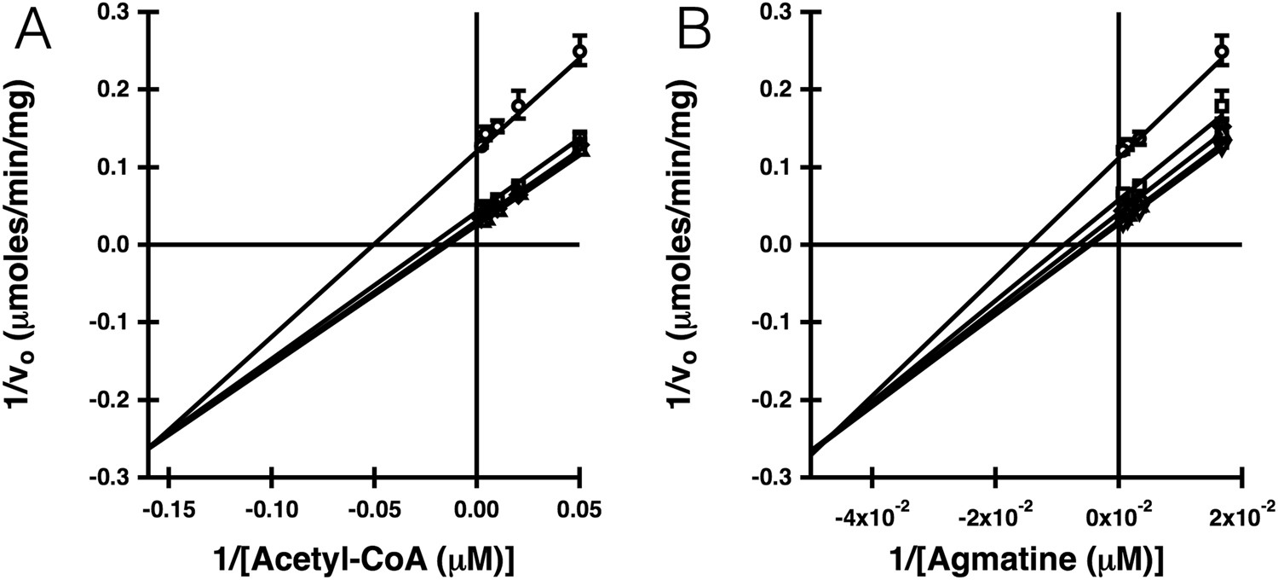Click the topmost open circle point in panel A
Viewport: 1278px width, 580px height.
tap(579, 51)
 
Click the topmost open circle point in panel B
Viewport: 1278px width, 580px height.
tap(1222, 51)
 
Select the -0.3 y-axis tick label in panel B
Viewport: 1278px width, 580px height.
tap(772, 478)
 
